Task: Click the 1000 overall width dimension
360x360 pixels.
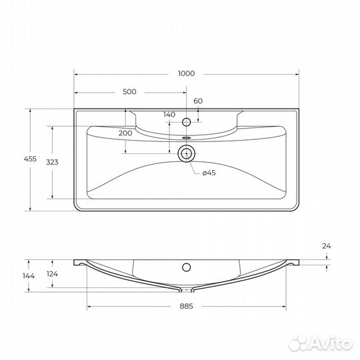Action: [187, 74]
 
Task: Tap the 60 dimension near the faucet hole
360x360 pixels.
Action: [197, 101]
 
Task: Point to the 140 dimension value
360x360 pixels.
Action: [169, 114]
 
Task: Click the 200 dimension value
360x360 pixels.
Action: [125, 133]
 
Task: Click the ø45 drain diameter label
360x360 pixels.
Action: [209, 173]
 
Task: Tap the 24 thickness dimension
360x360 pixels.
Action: [326, 246]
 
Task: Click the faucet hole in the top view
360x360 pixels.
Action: [187, 122]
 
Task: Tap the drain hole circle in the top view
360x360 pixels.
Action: [187, 154]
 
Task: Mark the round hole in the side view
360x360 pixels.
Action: [187, 269]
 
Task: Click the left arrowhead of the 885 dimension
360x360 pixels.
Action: [89, 307]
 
